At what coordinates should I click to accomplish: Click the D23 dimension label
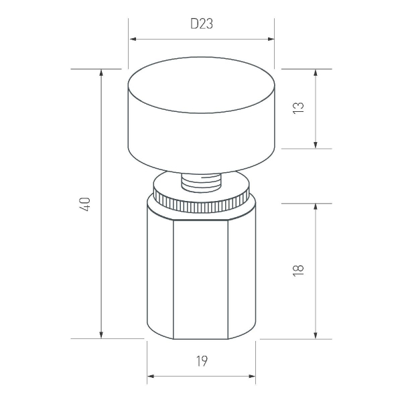(x=202, y=25)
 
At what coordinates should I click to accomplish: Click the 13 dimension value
(x=299, y=107)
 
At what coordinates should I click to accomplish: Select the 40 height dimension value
(x=85, y=204)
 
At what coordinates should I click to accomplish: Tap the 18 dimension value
(x=299, y=269)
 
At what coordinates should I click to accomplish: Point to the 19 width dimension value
(x=202, y=362)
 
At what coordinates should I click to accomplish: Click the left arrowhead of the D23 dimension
(x=132, y=39)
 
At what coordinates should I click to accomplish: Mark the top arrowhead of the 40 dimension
(x=101, y=72)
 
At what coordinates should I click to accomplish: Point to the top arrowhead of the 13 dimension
(x=315, y=72)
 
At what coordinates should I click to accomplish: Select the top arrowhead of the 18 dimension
(x=315, y=206)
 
